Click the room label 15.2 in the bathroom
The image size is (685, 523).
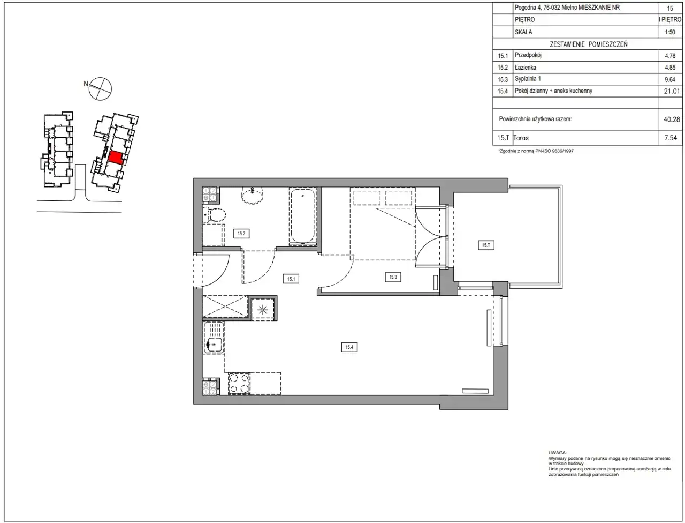(241, 234)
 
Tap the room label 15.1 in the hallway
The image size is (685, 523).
(291, 279)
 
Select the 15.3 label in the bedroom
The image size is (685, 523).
(393, 277)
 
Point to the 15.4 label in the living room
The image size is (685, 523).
(349, 347)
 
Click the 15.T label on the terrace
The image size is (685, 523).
(486, 245)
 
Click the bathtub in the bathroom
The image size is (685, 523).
(302, 216)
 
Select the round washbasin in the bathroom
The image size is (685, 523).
(252, 196)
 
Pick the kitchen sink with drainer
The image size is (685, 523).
(214, 338)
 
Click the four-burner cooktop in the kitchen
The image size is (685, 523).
(239, 384)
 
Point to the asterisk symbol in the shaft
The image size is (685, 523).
(262, 310)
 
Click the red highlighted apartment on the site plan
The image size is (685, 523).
(116, 158)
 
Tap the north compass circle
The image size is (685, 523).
(100, 89)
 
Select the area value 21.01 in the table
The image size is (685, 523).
(672, 91)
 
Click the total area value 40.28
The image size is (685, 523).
(672, 119)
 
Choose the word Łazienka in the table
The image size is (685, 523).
(526, 67)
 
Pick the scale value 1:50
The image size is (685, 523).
(669, 32)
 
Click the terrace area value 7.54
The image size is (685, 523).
(671, 138)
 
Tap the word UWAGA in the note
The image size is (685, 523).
(557, 452)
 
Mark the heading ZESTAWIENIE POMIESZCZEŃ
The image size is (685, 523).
(589, 44)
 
